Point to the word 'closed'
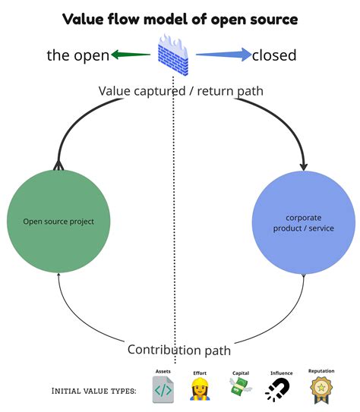275,55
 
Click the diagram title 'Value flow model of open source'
179,18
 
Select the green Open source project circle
58,222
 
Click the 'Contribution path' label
179,350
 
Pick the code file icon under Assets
163,390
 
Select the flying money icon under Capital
241,388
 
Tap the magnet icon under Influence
277,390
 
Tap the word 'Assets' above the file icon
163,372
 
